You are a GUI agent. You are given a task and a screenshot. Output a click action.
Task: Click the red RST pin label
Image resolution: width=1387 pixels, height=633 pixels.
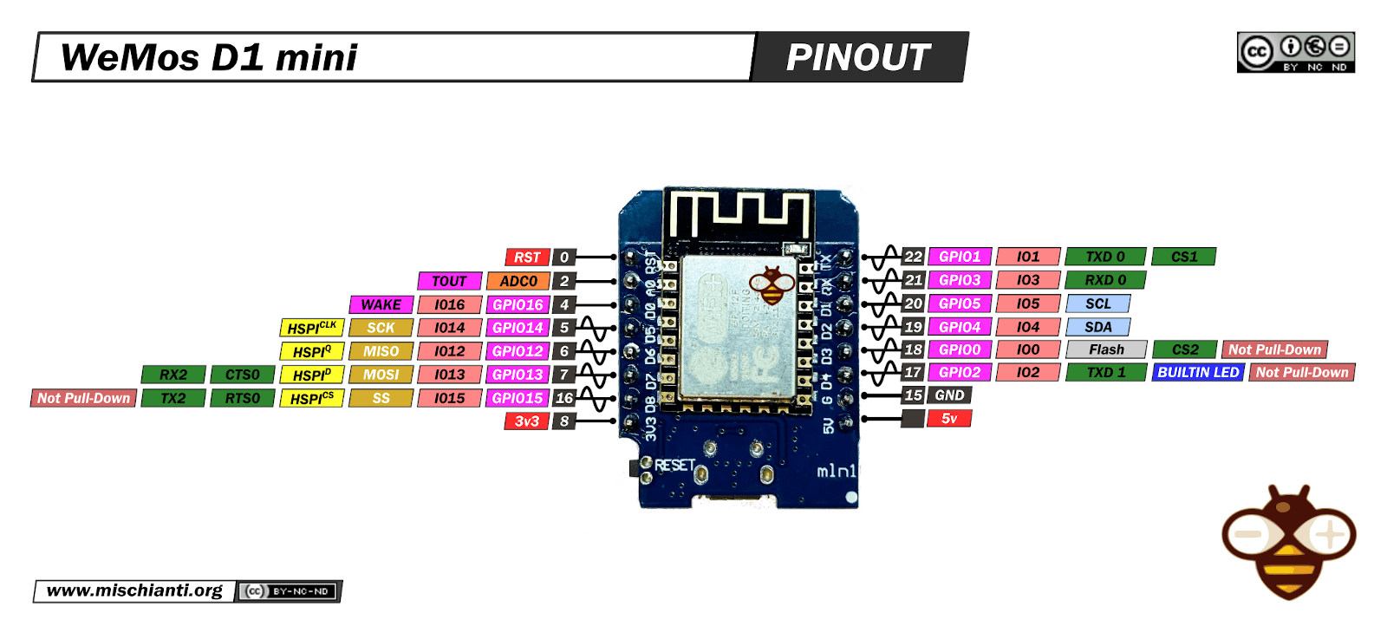point(527,258)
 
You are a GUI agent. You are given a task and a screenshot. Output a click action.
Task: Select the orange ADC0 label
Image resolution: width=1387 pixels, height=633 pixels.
point(518,281)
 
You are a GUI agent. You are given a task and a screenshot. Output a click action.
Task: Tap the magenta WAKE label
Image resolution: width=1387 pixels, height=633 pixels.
point(381,304)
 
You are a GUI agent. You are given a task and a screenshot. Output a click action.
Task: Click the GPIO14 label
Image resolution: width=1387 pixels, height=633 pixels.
point(518,328)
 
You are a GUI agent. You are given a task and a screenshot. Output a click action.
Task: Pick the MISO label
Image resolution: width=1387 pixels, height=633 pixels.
point(381,351)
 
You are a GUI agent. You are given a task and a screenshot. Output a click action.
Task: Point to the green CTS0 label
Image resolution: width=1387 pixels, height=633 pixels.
point(242,375)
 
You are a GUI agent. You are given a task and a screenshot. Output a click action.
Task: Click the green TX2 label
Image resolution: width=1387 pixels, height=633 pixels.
point(173,398)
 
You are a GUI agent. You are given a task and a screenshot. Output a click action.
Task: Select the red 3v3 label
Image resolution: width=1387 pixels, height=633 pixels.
point(527,421)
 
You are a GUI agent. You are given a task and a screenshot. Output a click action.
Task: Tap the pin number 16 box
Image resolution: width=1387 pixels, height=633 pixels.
point(564,398)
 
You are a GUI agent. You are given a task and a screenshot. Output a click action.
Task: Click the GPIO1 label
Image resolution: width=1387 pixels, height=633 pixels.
point(960,257)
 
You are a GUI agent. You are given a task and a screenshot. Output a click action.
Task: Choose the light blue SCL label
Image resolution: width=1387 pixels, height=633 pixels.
point(1097,303)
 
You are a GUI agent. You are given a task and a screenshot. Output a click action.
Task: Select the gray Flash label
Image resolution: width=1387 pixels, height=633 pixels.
point(1106,349)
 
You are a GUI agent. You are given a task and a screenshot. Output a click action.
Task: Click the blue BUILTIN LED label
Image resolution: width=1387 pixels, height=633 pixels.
point(1198,372)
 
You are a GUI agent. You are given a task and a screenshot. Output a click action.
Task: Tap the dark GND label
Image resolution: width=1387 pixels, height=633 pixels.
point(949,395)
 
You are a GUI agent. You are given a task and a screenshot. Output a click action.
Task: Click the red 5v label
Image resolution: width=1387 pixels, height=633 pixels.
point(949,419)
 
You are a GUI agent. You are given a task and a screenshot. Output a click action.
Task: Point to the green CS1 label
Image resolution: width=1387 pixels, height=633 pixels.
point(1184,257)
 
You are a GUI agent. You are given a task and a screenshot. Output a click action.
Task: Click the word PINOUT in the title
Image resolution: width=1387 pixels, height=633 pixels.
point(857,58)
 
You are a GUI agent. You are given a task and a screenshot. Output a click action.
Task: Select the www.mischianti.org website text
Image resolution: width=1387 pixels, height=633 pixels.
point(134,591)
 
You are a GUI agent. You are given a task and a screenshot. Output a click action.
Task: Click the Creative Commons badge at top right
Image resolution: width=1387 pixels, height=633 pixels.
point(1295,52)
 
